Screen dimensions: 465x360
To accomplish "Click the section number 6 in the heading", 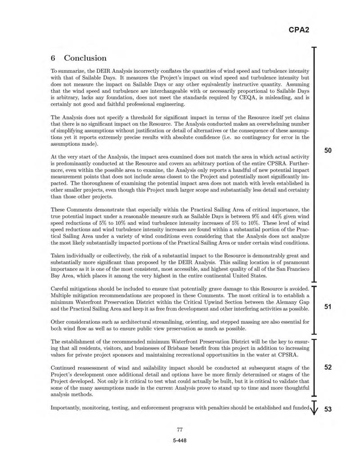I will pyautogui.click(x=53, y=58).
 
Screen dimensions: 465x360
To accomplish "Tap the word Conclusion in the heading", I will pyautogui.click(x=85, y=58).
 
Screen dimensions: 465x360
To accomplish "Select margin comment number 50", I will pyautogui.click(x=328, y=150).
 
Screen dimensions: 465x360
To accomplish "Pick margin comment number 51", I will pyautogui.click(x=328, y=307).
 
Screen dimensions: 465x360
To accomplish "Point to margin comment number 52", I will pyautogui.click(x=328, y=367).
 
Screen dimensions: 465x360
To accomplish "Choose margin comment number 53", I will pyautogui.click(x=328, y=409).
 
